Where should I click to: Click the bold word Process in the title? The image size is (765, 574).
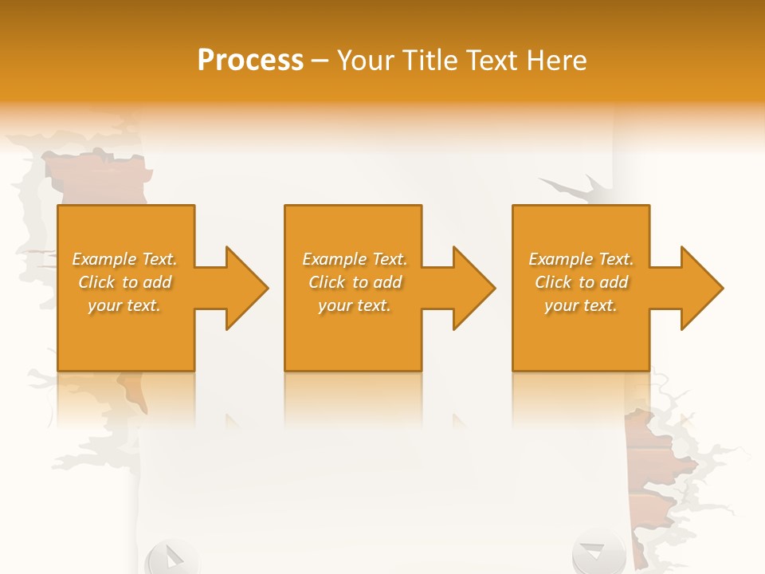click(x=250, y=61)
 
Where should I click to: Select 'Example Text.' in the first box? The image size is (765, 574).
click(x=125, y=259)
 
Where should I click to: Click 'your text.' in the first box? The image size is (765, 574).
click(x=125, y=305)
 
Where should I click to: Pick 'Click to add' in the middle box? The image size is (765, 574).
click(x=355, y=282)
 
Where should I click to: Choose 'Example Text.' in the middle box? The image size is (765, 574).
click(x=355, y=259)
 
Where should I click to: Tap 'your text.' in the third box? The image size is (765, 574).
click(x=581, y=305)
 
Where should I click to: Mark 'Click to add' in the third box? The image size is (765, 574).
click(x=581, y=282)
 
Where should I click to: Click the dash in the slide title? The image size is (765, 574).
click(x=320, y=61)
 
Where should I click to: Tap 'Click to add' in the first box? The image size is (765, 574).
click(x=125, y=282)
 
